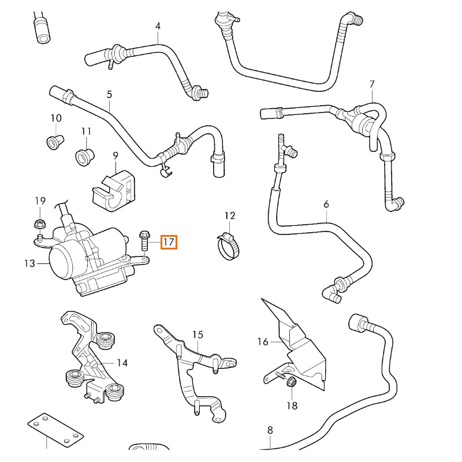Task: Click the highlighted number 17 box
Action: pos(169,242)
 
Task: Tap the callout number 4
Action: pos(158,26)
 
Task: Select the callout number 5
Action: pos(109,94)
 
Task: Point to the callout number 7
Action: pos(372,84)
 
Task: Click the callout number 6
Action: pos(326,204)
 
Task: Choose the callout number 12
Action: pos(230,216)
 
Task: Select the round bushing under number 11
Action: pos(85,155)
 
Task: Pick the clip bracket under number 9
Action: pos(114,186)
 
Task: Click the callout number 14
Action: pos(122,363)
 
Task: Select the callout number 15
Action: pos(198,334)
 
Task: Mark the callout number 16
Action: pos(263,342)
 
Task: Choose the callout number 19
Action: pos(40,200)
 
